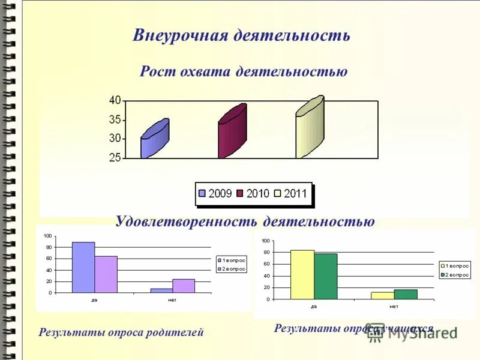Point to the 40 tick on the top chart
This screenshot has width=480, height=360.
pos(115,100)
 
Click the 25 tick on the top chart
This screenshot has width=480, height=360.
pos(115,158)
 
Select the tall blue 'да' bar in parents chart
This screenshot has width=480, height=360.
pos(83,267)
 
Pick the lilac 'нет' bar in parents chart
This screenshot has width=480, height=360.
pos(184,286)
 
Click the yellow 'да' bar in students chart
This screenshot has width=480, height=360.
pos(302,274)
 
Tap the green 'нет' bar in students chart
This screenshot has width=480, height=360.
pos(406,294)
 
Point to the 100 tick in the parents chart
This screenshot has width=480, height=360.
pos(47,236)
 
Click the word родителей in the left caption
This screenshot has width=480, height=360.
pos(173,332)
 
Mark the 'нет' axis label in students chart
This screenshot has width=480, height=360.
pos(394,307)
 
